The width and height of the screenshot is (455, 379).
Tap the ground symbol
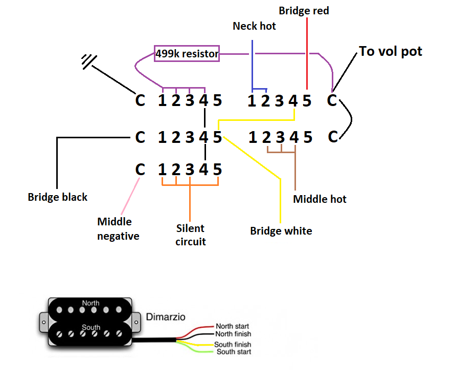point(89,61)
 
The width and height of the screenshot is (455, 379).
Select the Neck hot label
point(254,26)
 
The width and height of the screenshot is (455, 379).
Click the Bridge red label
point(304,11)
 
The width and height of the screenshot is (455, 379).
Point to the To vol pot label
point(391,51)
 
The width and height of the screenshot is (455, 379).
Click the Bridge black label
point(57,197)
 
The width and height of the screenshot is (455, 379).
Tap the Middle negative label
point(118,229)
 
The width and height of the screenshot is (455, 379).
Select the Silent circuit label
point(190,235)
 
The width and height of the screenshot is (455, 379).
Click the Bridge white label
point(281,231)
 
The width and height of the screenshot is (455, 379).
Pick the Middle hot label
point(320,199)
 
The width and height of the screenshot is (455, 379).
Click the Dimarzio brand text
point(166,317)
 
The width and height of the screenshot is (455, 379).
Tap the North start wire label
point(233,326)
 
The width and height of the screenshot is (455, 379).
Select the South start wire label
point(234,352)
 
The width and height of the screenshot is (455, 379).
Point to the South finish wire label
point(233,344)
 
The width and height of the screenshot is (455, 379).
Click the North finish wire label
point(233,334)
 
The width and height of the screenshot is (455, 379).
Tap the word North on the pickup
point(90,303)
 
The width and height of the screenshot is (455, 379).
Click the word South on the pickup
point(91,327)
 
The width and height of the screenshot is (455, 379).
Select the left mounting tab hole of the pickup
point(44,322)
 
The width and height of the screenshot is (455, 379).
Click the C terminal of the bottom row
point(140,170)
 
